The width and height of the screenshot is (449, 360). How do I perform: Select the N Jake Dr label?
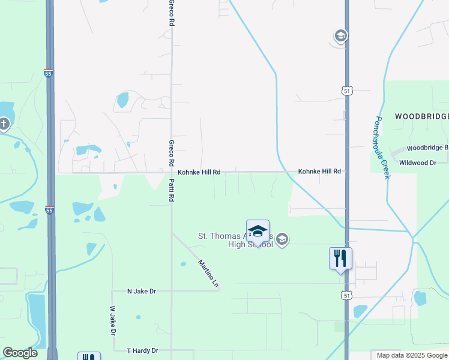coord(141,291)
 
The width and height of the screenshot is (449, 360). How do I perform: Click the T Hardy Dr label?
coord(142,350)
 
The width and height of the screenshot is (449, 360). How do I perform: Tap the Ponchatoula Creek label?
coord(382,147)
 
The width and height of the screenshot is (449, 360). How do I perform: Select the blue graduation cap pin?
coord(258,231)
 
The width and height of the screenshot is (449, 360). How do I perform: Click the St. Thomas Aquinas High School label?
coord(235,240)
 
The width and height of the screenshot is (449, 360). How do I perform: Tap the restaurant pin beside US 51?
coord(340,259)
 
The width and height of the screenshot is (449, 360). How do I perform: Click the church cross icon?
coord(4,124)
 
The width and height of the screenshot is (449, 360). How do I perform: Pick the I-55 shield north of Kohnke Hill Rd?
coord(48,73)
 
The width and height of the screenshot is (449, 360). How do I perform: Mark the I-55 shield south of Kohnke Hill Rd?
coord(49,210)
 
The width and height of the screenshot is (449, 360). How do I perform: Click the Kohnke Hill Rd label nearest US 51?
coord(319,172)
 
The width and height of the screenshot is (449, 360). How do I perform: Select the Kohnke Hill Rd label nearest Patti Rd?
coord(199,172)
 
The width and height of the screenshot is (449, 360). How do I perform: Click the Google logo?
coord(20,353)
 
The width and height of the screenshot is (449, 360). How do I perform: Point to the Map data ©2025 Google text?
coord(412,355)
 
